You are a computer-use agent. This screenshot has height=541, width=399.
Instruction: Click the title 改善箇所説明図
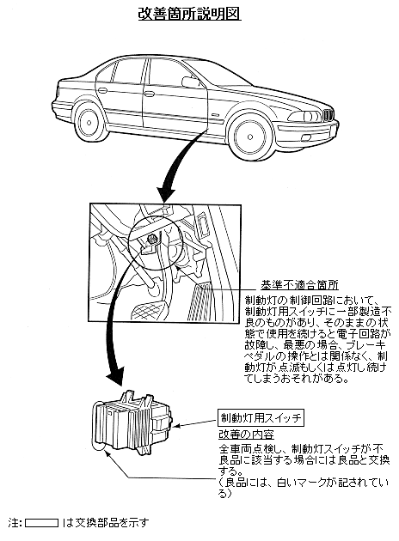click(x=189, y=14)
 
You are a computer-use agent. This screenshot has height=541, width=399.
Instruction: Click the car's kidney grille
click(x=328, y=114)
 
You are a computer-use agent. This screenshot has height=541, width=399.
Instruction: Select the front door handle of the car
click(x=150, y=94)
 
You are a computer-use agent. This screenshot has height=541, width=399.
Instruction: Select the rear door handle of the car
click(x=103, y=90)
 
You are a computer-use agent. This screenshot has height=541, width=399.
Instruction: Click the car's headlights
click(x=305, y=116)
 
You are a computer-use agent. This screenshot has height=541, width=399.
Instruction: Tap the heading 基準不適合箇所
click(x=299, y=284)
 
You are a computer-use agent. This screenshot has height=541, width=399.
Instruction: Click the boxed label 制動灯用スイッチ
click(x=261, y=418)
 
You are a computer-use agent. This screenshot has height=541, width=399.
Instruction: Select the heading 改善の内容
click(x=246, y=435)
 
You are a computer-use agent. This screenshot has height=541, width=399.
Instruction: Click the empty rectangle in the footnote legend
click(x=42, y=523)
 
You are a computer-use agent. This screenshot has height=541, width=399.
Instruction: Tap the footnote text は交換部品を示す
click(x=106, y=523)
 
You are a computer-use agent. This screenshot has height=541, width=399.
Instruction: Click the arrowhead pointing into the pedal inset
click(x=166, y=194)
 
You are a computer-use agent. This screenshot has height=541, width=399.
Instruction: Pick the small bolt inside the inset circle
click(x=151, y=237)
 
